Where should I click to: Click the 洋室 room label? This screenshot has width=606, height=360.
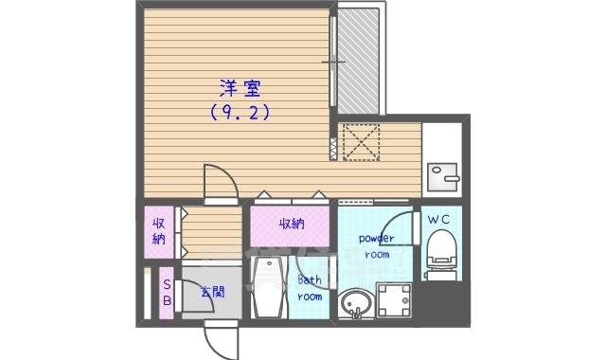(241, 88)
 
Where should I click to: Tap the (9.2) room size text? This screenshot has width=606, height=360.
(241, 112)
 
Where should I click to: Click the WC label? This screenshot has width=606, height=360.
(440, 220)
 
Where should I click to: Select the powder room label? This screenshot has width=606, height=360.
(376, 246)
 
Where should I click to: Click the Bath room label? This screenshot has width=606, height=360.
(310, 288)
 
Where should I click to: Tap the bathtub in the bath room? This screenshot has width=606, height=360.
(266, 287)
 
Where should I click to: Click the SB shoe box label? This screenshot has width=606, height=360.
(167, 293)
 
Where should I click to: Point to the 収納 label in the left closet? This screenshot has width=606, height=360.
(159, 230)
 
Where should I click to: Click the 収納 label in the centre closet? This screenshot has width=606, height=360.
(292, 224)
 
